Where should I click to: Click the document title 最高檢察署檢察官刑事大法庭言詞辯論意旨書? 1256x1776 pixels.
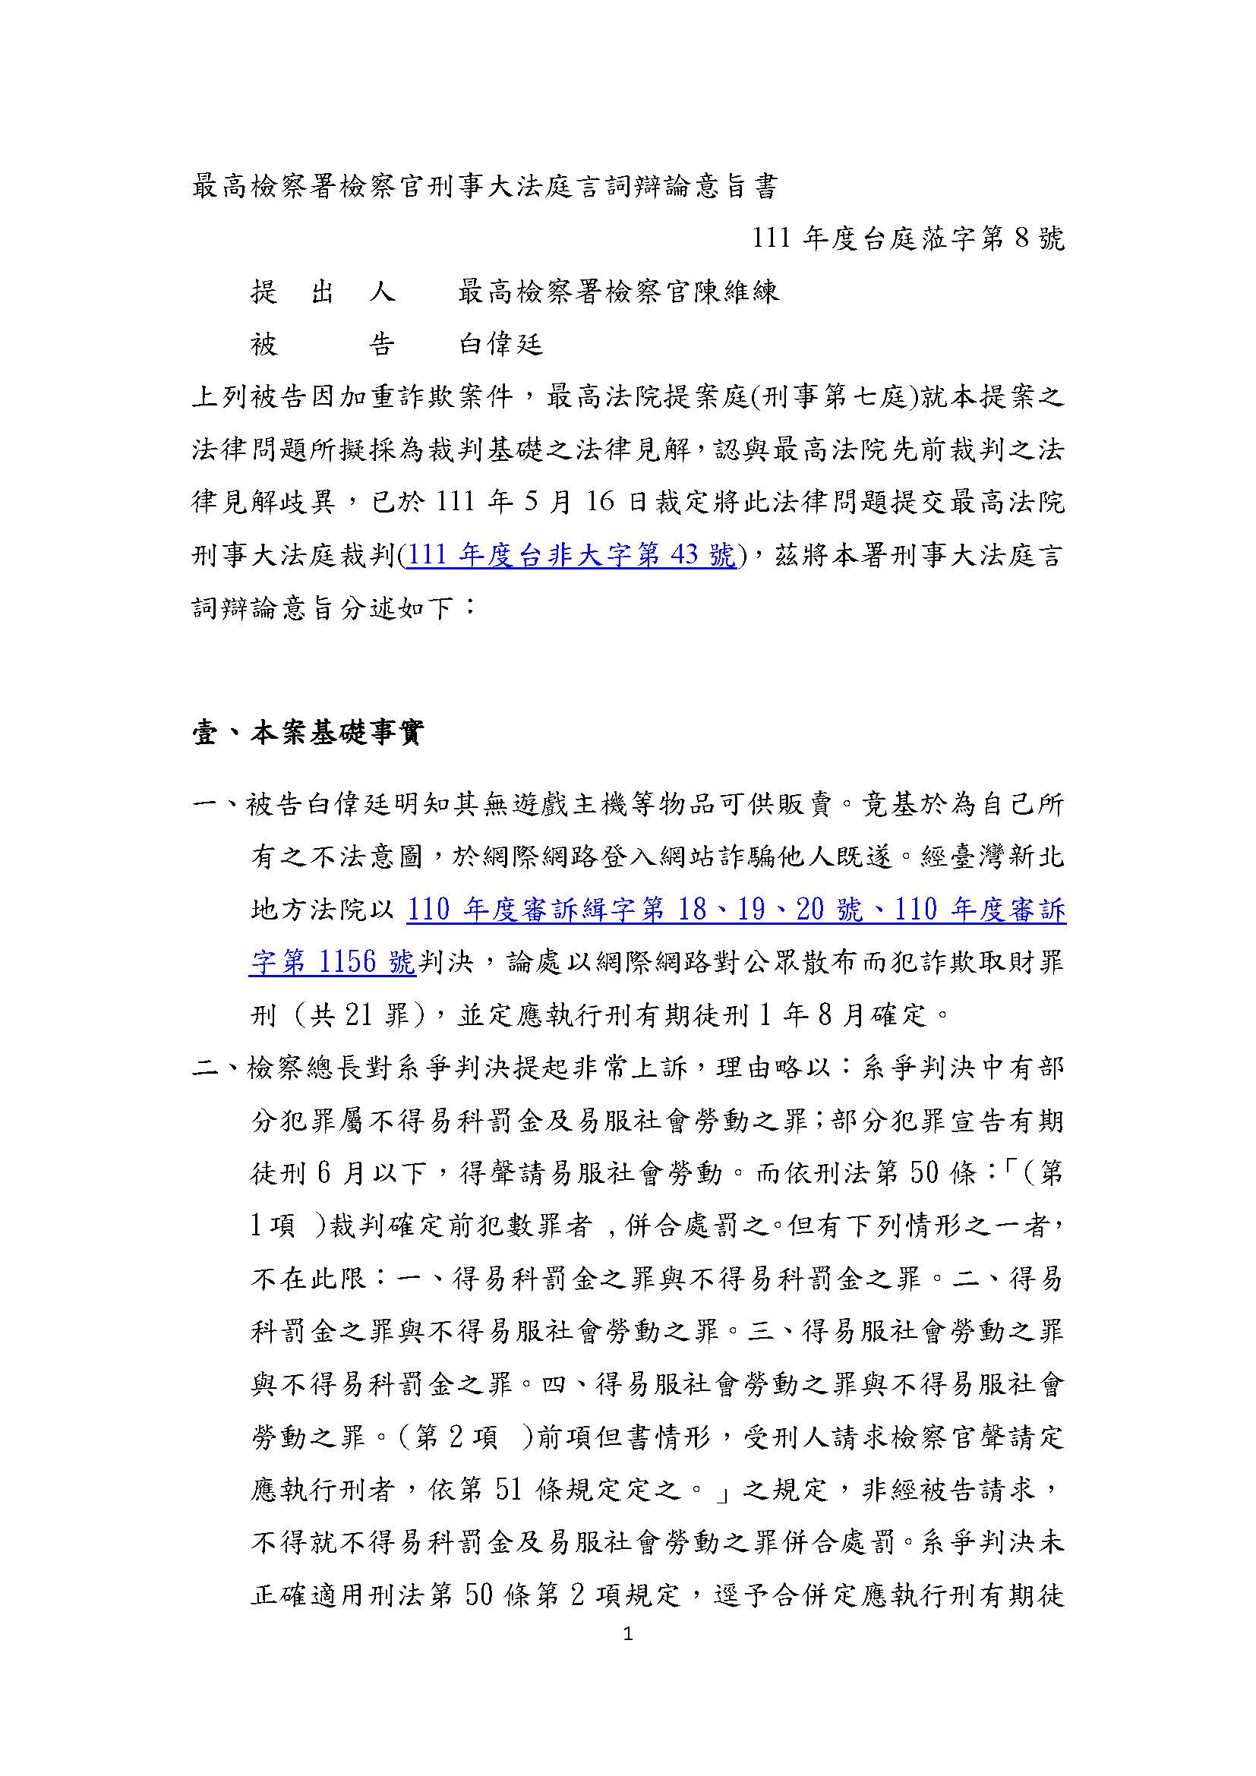(484, 188)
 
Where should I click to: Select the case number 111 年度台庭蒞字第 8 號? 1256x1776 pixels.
(909, 239)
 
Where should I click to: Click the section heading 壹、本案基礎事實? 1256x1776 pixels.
(307, 733)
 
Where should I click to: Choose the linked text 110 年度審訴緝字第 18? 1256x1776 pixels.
(557, 910)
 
